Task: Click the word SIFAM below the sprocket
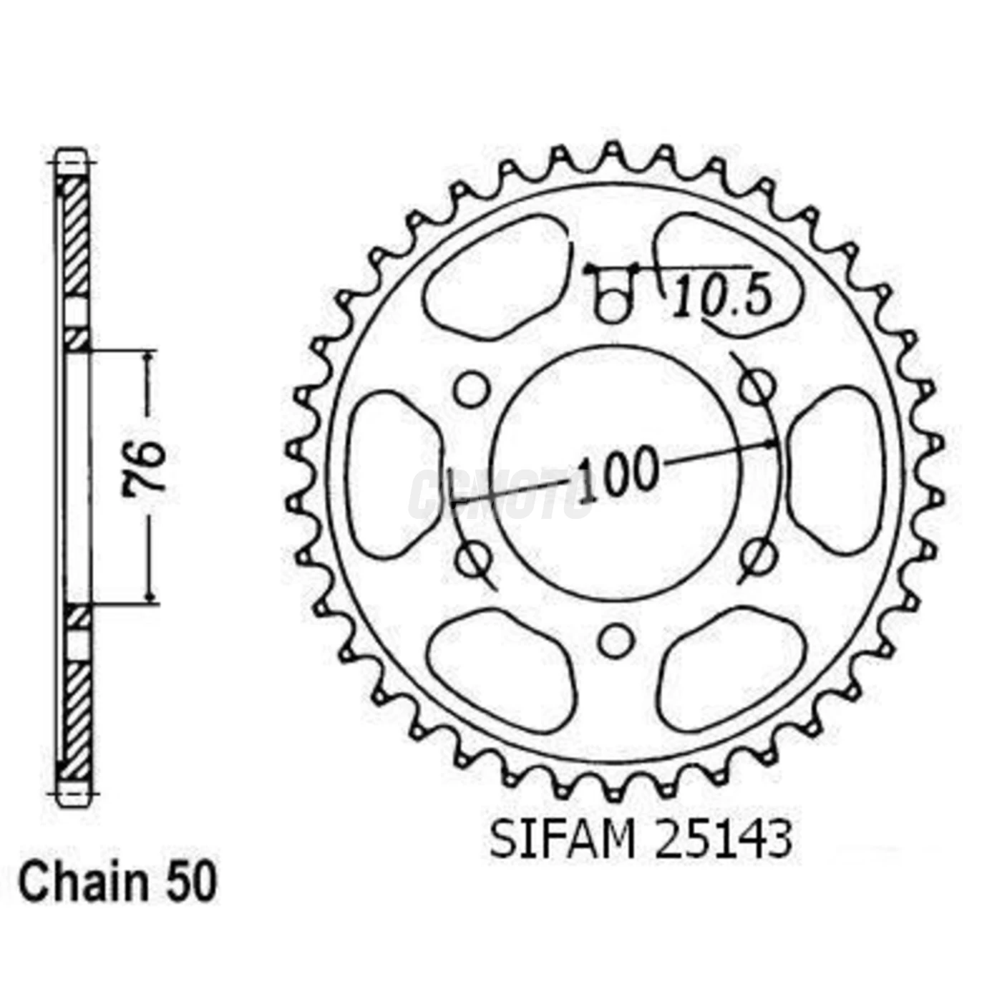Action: (x=563, y=839)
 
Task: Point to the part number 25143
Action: (x=724, y=839)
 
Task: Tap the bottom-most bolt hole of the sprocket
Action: (x=615, y=641)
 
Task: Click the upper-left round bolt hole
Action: (x=472, y=389)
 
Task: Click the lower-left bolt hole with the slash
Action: (x=472, y=558)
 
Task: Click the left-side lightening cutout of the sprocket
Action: (x=391, y=473)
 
